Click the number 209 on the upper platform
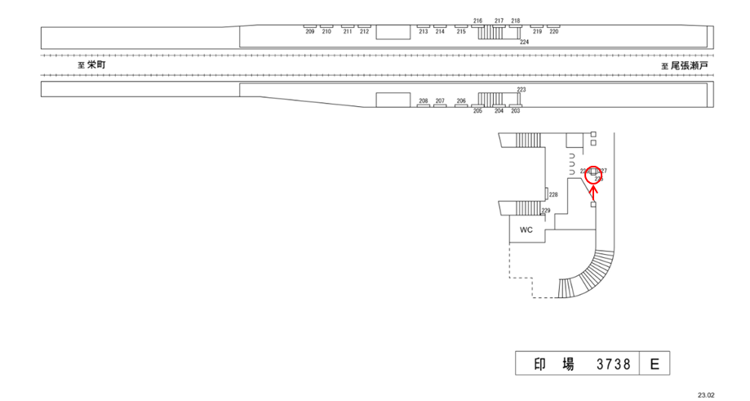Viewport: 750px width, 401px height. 309,32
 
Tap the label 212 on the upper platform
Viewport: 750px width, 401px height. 364,32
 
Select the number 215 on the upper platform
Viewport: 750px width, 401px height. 461,32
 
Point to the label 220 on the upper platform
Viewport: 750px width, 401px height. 554,32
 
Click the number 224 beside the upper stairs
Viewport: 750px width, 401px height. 524,42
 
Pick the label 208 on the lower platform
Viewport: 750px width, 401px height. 423,100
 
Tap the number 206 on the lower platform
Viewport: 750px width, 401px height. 461,100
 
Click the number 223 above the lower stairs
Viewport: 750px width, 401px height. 521,88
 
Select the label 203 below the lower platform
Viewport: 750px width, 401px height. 515,110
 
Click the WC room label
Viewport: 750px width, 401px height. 526,229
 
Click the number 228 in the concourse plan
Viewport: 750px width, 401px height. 553,194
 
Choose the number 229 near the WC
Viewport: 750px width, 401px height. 546,211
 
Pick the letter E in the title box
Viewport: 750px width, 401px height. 655,364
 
